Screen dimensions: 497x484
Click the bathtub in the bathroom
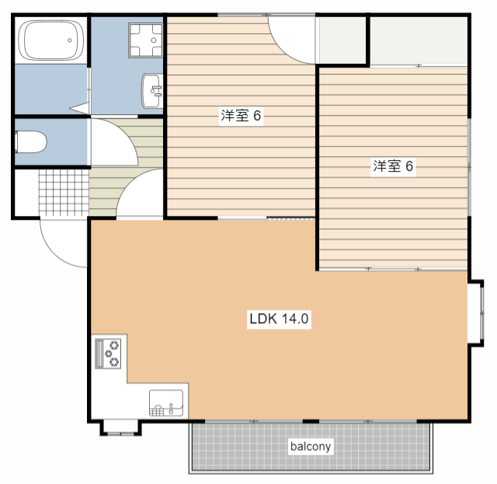[51, 40]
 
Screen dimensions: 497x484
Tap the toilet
[31, 141]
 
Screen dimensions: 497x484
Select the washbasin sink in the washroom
[152, 91]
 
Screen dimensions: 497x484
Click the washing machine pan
[145, 40]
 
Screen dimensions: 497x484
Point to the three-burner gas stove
[108, 353]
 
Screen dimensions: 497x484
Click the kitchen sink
[166, 402]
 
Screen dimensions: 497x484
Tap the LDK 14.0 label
[279, 319]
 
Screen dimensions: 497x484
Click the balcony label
[311, 446]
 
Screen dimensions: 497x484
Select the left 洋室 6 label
[241, 116]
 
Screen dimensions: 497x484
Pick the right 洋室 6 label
[393, 166]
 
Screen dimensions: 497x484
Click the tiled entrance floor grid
[64, 193]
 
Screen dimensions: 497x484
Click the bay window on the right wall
[476, 313]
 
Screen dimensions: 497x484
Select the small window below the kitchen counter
[121, 428]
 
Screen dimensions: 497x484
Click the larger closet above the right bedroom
[419, 41]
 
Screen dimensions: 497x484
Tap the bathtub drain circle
[69, 40]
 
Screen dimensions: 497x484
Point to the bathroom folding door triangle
[81, 108]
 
